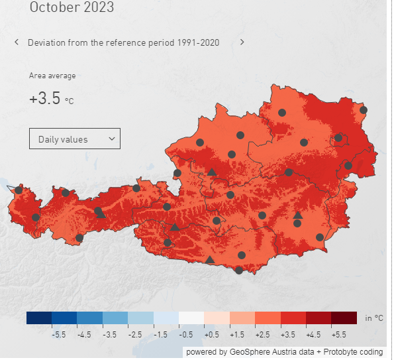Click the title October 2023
tap(72, 8)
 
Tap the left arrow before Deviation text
tap(17, 42)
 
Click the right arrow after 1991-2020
tap(242, 42)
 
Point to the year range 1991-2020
tap(197, 42)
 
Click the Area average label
tap(52, 76)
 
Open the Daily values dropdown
tap(74, 139)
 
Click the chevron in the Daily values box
tap(111, 139)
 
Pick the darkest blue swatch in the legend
tap(39, 318)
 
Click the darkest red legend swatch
tap(344, 318)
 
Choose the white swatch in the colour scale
tap(191, 318)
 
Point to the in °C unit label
tap(374, 318)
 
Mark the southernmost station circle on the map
tap(239, 270)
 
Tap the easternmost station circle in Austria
tap(364, 110)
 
